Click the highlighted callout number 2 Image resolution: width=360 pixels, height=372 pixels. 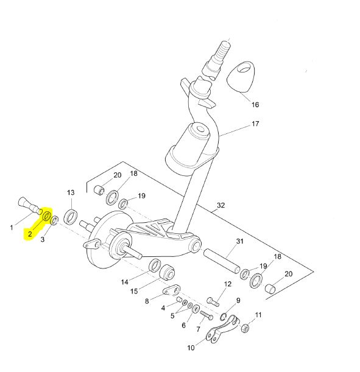(30, 234)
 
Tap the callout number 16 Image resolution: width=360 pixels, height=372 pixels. (255, 105)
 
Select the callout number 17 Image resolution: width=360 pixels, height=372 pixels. (255, 124)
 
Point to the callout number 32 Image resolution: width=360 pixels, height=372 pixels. (221, 205)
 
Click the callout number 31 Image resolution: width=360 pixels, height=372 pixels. (240, 241)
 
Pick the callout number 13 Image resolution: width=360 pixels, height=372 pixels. (71, 192)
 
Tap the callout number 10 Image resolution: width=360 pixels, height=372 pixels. (191, 348)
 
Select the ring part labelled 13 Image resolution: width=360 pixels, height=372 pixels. (71, 217)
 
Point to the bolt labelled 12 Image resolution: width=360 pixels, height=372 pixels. (213, 301)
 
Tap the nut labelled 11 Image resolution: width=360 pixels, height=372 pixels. (245, 328)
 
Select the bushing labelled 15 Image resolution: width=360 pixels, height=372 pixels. (167, 272)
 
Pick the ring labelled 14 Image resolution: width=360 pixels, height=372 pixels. (155, 265)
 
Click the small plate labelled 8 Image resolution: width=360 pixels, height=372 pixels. (171, 290)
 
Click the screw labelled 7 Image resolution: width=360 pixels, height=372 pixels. (206, 315)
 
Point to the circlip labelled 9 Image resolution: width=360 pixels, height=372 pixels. (223, 317)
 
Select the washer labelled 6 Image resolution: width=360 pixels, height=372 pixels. (196, 309)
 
